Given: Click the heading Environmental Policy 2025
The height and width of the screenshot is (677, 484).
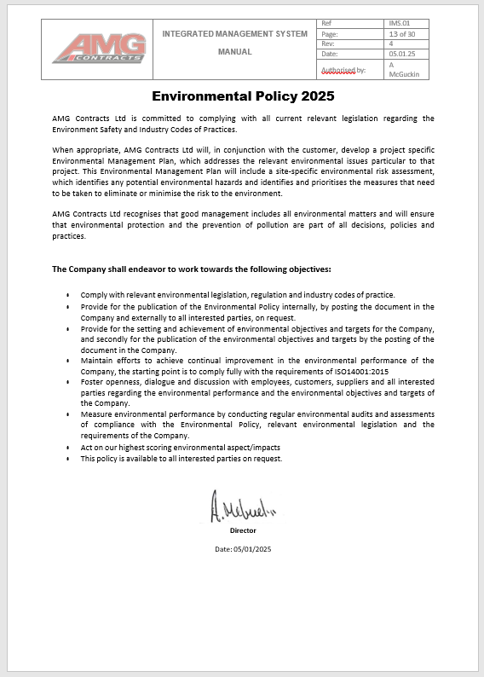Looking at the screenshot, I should (x=243, y=96).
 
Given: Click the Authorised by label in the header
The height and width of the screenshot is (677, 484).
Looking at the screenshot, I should (x=343, y=69).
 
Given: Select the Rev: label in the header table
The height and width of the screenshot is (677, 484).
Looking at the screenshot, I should (x=327, y=43).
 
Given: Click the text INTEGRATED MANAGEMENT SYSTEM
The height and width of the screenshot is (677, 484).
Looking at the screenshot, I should (x=234, y=34).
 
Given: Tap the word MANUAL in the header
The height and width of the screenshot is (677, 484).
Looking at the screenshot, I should (x=234, y=51).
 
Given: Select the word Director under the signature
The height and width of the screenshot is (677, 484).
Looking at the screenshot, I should (x=243, y=530).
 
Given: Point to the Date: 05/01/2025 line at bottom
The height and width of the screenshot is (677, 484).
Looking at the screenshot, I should (x=243, y=549).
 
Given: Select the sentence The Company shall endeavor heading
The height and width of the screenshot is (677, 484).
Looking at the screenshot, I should (x=192, y=269).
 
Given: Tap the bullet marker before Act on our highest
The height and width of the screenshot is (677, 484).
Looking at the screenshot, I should (x=68, y=448).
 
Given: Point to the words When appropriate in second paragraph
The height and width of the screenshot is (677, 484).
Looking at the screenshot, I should (x=78, y=148).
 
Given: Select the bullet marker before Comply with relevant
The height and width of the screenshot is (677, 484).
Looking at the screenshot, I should (x=68, y=295).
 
